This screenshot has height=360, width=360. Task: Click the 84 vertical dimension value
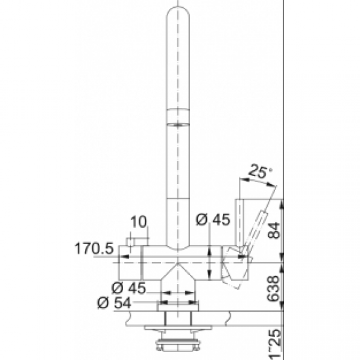(x=275, y=230)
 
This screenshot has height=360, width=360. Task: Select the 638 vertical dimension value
(x=274, y=289)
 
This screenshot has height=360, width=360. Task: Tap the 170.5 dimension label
(x=94, y=249)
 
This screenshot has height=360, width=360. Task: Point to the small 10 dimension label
(x=139, y=222)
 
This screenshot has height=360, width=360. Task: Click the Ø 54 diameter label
(x=114, y=303)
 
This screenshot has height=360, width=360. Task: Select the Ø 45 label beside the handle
(x=213, y=219)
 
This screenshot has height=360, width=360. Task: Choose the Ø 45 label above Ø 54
(x=128, y=288)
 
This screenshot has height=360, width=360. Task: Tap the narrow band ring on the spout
(x=177, y=117)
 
